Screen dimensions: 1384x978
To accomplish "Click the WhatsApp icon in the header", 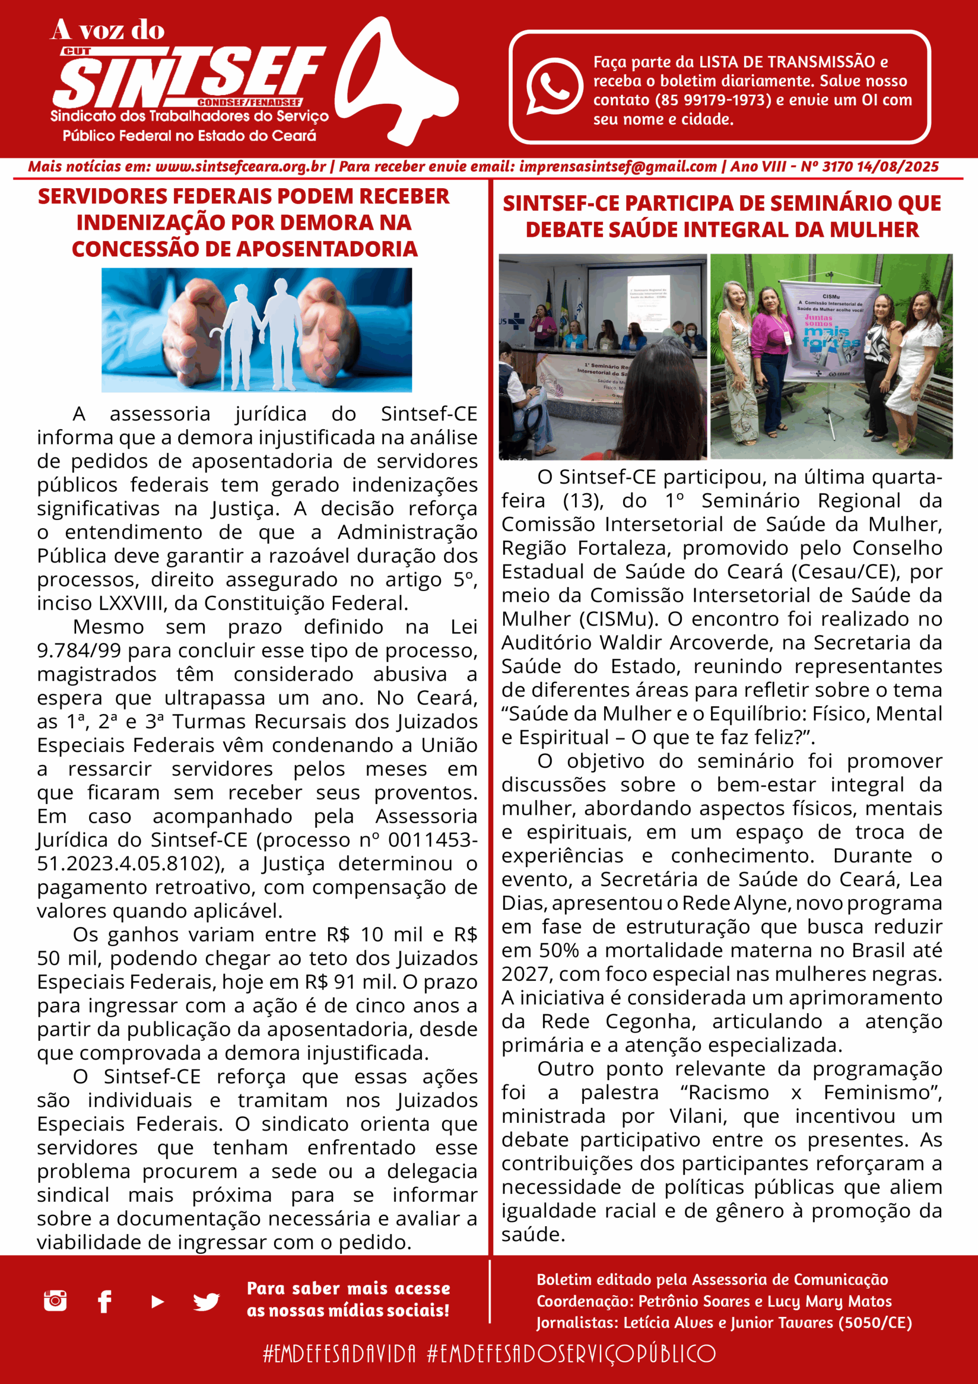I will coord(554,85).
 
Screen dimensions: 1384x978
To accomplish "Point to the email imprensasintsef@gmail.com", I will coord(618,167).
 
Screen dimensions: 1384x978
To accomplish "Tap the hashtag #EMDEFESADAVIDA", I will coord(339,1353).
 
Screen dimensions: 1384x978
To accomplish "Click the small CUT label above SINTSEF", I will coord(77,52).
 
